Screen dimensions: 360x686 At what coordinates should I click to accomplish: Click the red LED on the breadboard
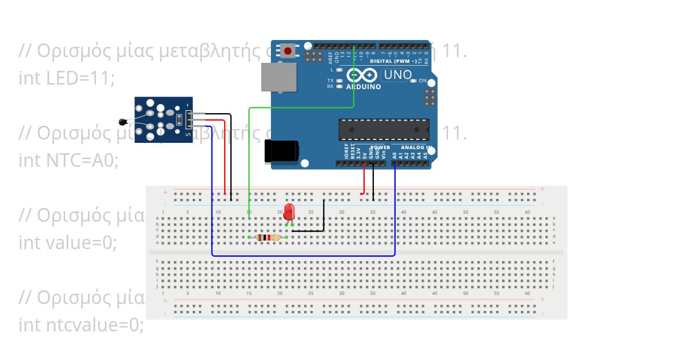tap(289, 211)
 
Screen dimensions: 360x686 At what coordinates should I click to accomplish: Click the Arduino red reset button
tap(288, 51)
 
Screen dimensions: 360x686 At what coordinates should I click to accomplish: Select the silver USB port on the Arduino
tap(279, 77)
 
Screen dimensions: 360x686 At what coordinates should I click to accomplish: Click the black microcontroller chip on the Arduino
tap(384, 129)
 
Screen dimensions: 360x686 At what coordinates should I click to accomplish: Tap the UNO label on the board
tap(397, 74)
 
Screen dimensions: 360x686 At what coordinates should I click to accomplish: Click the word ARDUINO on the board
tap(364, 87)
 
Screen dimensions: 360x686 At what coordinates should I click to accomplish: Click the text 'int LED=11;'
tap(67, 78)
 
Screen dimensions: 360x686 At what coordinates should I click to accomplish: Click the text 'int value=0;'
tap(67, 242)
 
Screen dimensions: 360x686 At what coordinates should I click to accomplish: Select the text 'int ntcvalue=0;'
tap(81, 325)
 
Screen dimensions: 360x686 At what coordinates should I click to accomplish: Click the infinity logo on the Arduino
tap(361, 75)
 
